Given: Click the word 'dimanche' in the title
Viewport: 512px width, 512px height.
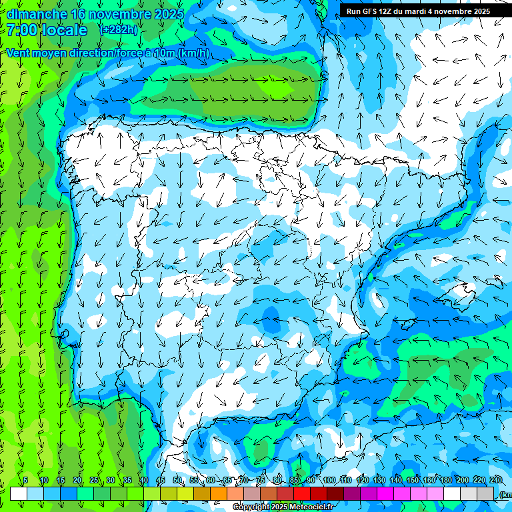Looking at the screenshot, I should [x=36, y=14].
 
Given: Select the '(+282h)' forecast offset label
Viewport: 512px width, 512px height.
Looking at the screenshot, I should [x=119, y=30].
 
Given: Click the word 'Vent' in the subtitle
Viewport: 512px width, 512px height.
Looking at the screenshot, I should [x=20, y=53].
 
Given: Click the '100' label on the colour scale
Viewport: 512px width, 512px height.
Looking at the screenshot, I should [x=329, y=481].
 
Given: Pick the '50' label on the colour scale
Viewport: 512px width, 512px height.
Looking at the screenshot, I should [x=177, y=481].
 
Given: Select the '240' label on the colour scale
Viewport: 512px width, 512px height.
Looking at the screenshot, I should [x=496, y=481].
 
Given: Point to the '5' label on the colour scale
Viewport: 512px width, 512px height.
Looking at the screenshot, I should [x=25, y=481].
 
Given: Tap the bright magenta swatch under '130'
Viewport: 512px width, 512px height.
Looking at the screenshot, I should [x=385, y=493].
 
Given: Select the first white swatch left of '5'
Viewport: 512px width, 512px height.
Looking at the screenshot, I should [x=19, y=493].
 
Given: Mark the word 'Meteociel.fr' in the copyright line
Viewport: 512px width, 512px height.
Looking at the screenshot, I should [x=310, y=507].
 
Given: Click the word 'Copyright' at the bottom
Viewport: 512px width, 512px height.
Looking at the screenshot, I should [x=251, y=507].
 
